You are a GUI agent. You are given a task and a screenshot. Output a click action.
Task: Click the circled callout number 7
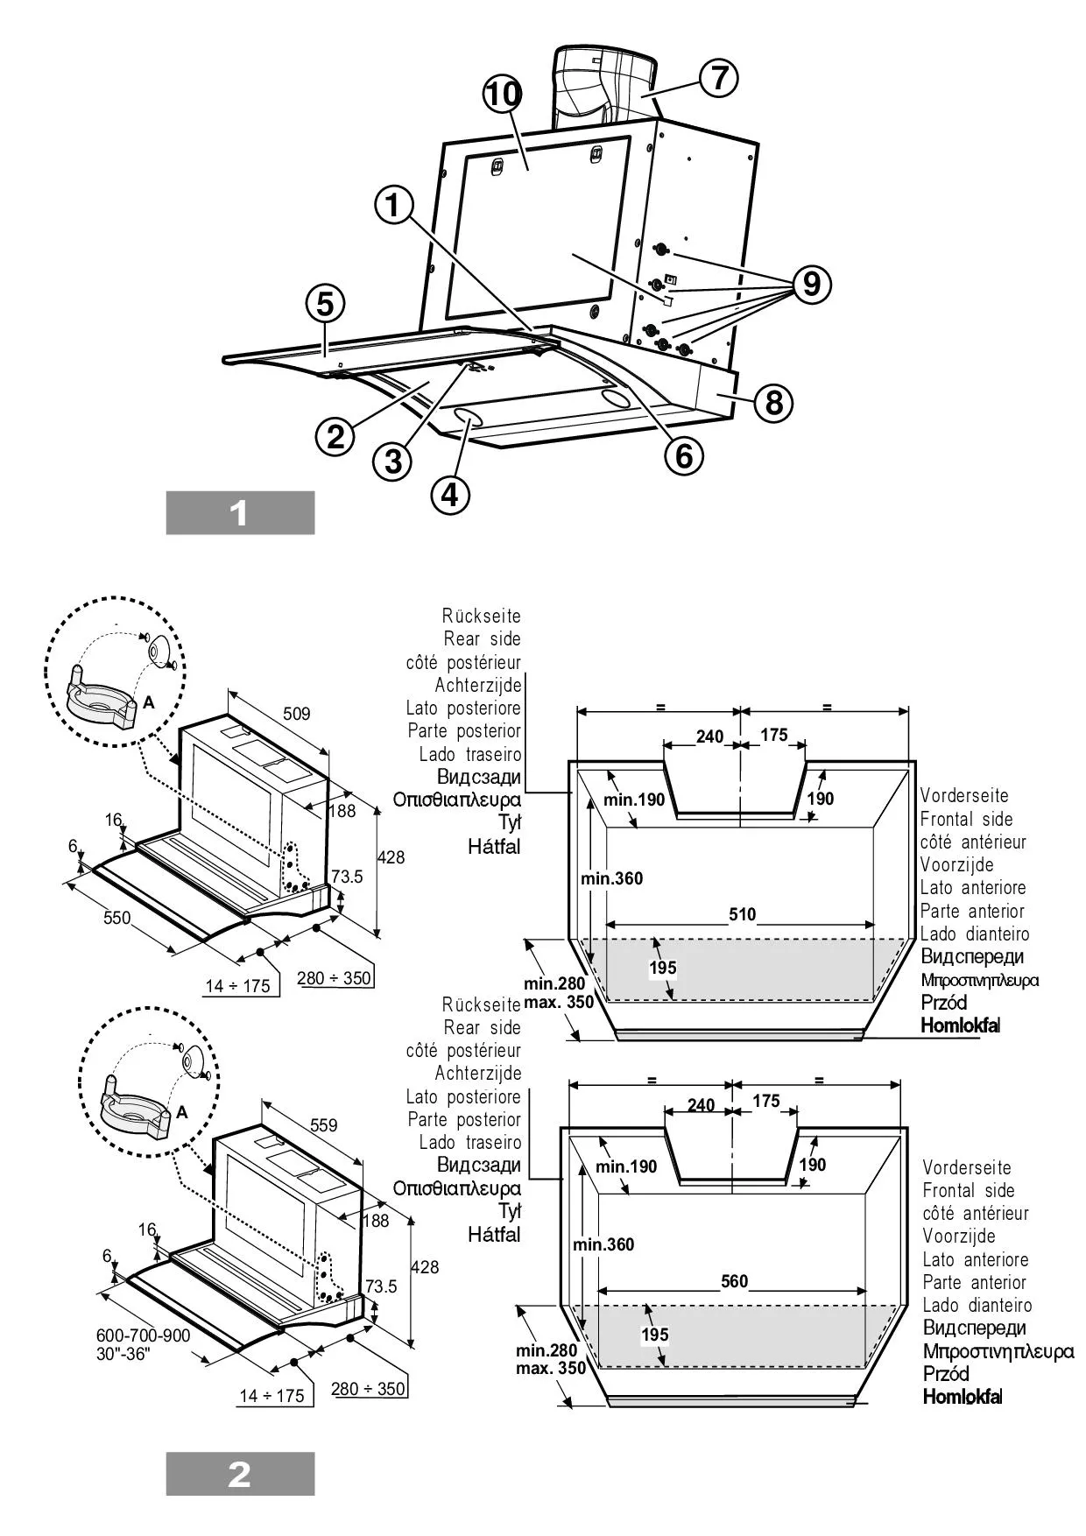[x=718, y=77]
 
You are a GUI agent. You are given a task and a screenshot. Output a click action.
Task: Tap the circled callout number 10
[x=503, y=94]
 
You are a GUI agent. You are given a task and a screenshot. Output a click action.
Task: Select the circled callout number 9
[x=812, y=284]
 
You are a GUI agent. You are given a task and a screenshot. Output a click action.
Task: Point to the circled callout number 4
[x=449, y=495]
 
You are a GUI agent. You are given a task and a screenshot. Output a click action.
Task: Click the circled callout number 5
[x=325, y=304]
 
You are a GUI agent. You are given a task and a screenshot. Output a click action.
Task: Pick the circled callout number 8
[x=773, y=403]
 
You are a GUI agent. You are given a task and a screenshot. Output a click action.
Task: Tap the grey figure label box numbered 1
[x=240, y=512]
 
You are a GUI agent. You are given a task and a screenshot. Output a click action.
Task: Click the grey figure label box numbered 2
[x=240, y=1474]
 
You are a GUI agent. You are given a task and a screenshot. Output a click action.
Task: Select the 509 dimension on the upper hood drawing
[x=296, y=714]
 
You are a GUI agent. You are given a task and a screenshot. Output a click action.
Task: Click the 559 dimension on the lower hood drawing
[x=323, y=1125]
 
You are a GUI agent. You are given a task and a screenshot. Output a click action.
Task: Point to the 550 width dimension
[x=116, y=918]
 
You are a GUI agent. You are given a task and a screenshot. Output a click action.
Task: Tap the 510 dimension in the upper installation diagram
[x=742, y=914]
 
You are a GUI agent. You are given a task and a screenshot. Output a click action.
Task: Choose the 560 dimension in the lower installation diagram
[x=734, y=1281]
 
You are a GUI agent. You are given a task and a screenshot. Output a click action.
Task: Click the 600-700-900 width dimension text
[x=143, y=1335]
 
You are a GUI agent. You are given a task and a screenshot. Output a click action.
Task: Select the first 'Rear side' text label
[x=482, y=639]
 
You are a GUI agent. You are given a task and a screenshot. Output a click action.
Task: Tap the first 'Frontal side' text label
[x=966, y=820]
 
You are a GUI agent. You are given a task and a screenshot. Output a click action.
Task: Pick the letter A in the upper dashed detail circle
[x=148, y=702]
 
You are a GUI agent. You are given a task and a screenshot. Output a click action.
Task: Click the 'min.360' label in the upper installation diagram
[x=611, y=878]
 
